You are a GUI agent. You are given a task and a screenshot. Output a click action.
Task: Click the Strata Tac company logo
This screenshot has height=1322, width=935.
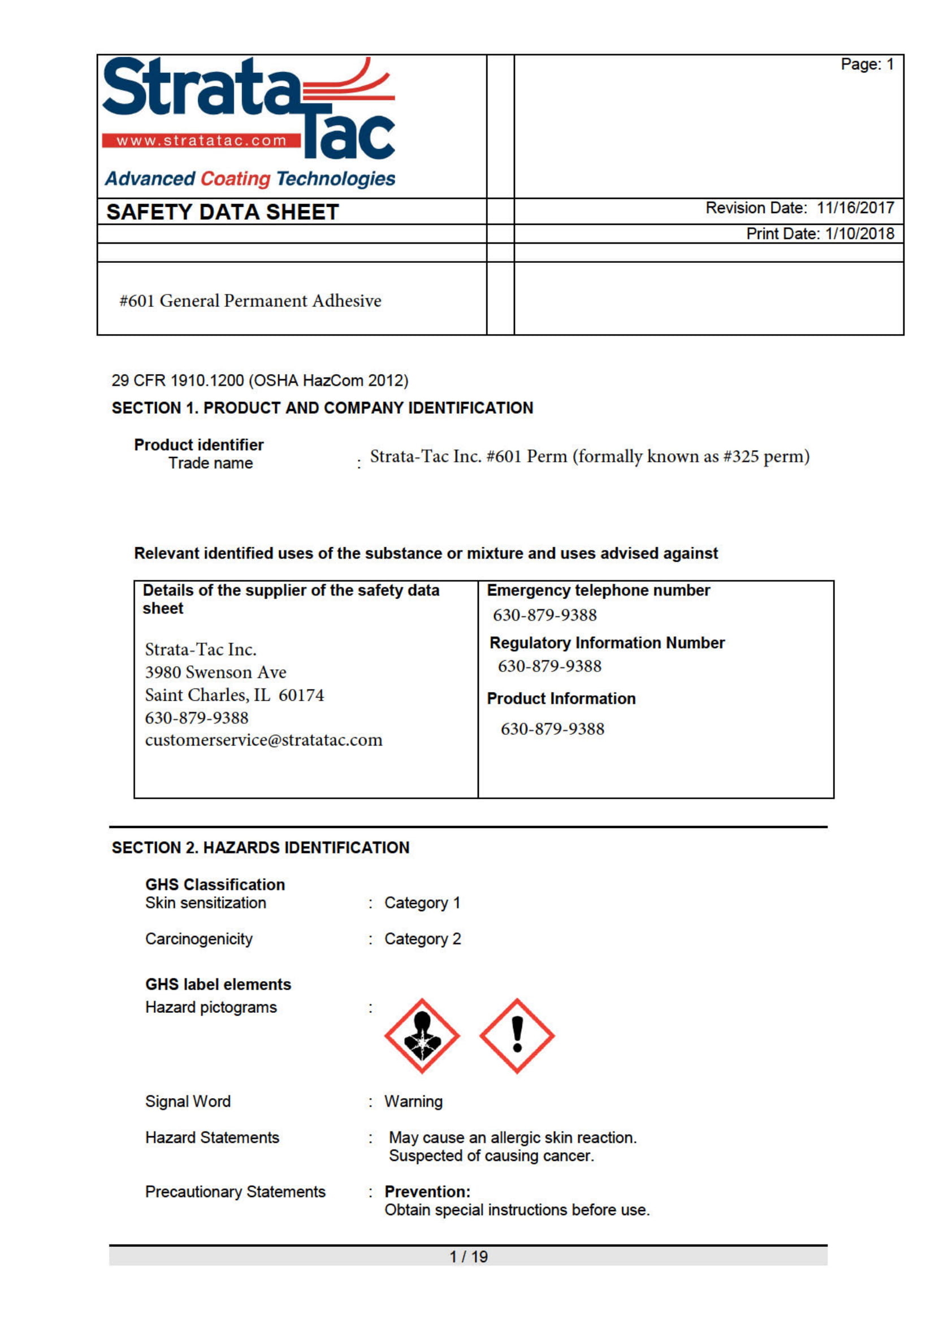(249, 110)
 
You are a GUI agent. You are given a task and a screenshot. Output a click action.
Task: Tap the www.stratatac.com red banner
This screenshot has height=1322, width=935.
(201, 141)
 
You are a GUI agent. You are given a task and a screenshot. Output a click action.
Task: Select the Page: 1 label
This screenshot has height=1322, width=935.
(867, 64)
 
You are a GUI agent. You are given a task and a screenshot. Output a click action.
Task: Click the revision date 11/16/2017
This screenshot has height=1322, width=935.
(855, 208)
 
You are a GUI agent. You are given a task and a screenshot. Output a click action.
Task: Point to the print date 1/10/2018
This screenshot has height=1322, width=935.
(859, 234)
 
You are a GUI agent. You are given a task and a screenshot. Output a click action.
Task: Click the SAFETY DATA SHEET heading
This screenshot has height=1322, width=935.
(222, 212)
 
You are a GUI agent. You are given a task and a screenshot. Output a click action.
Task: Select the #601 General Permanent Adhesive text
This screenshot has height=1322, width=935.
(250, 301)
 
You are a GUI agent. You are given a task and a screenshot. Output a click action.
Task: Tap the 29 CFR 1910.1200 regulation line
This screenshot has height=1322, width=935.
(259, 380)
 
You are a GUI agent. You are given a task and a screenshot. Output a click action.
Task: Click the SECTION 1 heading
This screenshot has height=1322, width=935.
(322, 408)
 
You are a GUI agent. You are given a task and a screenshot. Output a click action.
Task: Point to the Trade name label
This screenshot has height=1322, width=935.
(210, 463)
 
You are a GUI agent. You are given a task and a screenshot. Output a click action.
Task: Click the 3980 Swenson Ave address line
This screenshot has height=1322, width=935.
(215, 672)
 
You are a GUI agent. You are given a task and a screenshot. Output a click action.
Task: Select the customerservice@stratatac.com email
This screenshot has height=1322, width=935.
(263, 740)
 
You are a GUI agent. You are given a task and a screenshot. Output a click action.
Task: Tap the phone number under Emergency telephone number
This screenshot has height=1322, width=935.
(544, 615)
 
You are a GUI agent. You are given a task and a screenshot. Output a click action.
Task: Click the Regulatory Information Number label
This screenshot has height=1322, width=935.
(607, 643)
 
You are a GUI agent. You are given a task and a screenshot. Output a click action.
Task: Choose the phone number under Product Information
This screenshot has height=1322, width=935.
(552, 729)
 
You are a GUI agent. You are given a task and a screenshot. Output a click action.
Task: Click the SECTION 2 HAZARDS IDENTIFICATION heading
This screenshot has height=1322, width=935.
(260, 848)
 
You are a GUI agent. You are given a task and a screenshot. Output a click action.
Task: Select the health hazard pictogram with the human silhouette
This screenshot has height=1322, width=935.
(422, 1036)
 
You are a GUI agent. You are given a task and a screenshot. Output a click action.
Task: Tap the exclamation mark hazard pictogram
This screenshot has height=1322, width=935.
(517, 1036)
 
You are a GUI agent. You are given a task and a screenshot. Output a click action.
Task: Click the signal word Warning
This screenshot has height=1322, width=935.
(413, 1102)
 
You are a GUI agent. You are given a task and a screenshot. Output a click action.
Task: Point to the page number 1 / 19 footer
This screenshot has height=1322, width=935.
(468, 1256)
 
